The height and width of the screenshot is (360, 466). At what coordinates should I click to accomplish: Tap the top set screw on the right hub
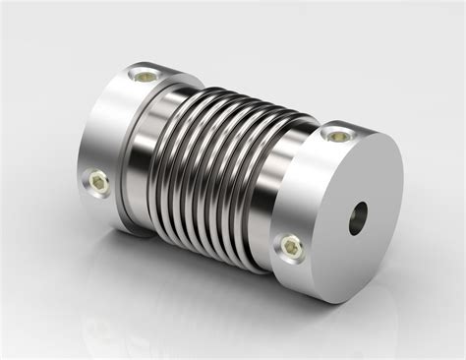click(337, 136)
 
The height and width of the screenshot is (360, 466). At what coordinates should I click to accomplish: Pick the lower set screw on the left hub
click(99, 180)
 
